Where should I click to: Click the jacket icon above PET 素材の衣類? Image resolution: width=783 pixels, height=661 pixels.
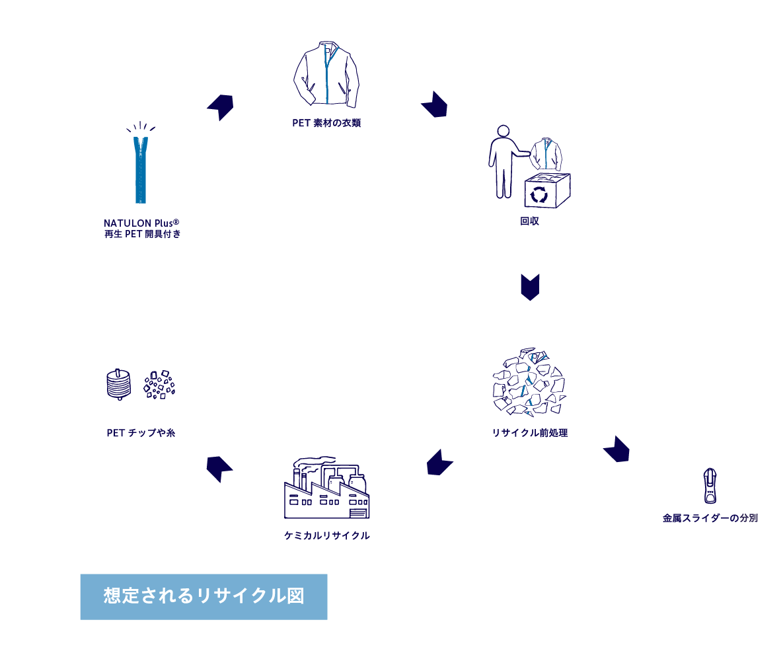tap(326, 74)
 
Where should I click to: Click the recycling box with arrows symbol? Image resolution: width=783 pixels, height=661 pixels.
tap(547, 190)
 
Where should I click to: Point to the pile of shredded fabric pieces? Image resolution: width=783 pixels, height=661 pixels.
tap(529, 382)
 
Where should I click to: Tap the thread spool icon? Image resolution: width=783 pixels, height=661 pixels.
tap(119, 384)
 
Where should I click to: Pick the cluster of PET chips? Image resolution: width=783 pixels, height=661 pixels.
tap(159, 384)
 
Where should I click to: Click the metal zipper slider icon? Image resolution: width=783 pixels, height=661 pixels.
tap(710, 486)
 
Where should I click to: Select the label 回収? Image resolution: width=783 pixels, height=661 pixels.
tap(529, 221)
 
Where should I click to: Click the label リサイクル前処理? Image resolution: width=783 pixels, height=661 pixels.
tap(530, 433)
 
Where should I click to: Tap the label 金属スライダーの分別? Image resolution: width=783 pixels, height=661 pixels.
tap(710, 518)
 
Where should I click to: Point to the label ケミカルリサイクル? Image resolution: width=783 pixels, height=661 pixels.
tap(327, 535)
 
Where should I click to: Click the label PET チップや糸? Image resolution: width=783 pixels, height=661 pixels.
tap(141, 433)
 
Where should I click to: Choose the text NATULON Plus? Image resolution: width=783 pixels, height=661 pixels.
tap(141, 223)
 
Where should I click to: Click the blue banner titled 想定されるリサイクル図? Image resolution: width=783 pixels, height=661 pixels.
tap(204, 596)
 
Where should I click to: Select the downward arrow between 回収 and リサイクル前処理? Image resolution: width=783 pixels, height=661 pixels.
tap(530, 287)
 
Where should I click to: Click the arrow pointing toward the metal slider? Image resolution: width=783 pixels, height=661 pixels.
tap(617, 449)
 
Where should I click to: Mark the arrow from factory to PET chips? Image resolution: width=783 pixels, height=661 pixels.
tap(219, 469)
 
